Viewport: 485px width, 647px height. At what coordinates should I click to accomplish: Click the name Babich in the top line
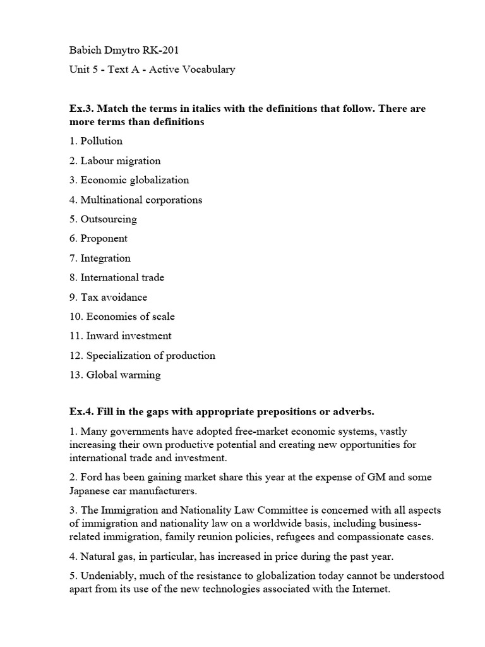click(85, 50)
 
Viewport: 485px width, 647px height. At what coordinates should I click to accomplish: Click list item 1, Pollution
click(101, 141)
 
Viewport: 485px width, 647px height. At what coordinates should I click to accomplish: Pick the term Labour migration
click(120, 160)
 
